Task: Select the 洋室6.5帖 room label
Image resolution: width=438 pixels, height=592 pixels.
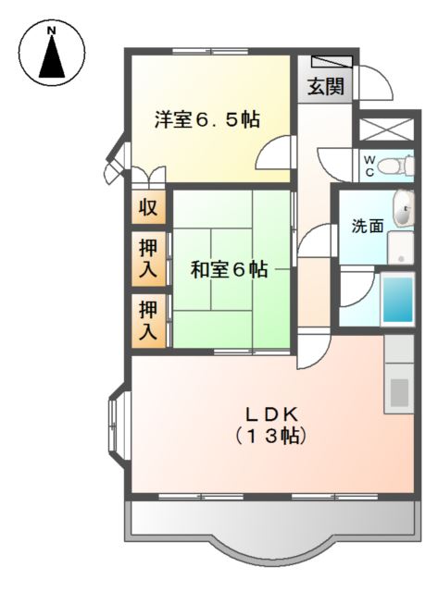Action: click(x=206, y=119)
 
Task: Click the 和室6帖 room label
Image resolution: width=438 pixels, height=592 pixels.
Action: click(x=229, y=269)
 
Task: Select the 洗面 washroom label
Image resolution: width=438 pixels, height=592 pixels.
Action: click(x=367, y=226)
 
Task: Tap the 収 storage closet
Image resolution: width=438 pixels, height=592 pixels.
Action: click(x=148, y=208)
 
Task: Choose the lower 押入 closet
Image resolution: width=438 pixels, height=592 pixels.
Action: click(x=148, y=319)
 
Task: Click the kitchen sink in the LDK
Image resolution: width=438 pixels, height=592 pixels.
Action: click(x=400, y=390)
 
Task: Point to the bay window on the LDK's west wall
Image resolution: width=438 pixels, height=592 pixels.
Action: click(x=119, y=425)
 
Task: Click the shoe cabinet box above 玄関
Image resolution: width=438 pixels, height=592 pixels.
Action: click(x=332, y=62)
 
